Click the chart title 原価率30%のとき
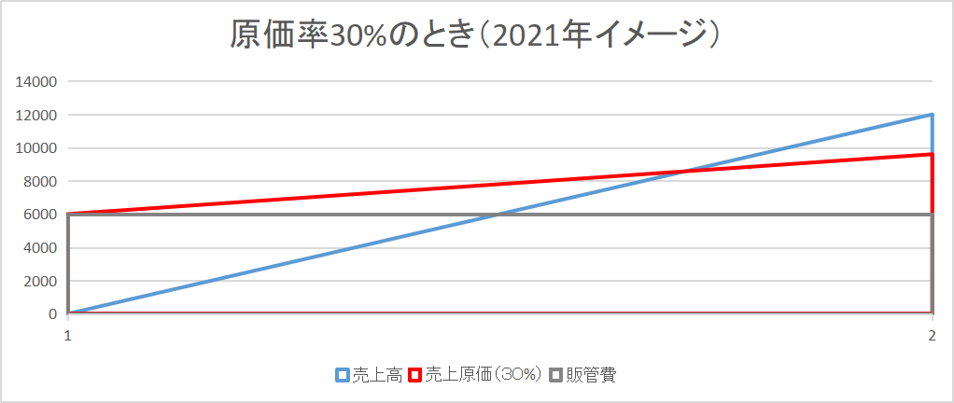click(477, 35)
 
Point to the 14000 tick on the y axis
click(38, 82)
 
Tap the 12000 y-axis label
click(38, 115)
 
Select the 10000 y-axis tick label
click(38, 148)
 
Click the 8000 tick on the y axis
click(42, 181)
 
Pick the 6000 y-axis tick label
click(42, 215)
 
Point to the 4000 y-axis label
click(42, 248)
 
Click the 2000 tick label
click(42, 281)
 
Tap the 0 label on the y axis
click(54, 314)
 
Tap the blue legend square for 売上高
click(343, 375)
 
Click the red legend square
click(415, 375)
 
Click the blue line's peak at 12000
click(932, 115)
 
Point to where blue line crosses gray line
click(500, 215)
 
